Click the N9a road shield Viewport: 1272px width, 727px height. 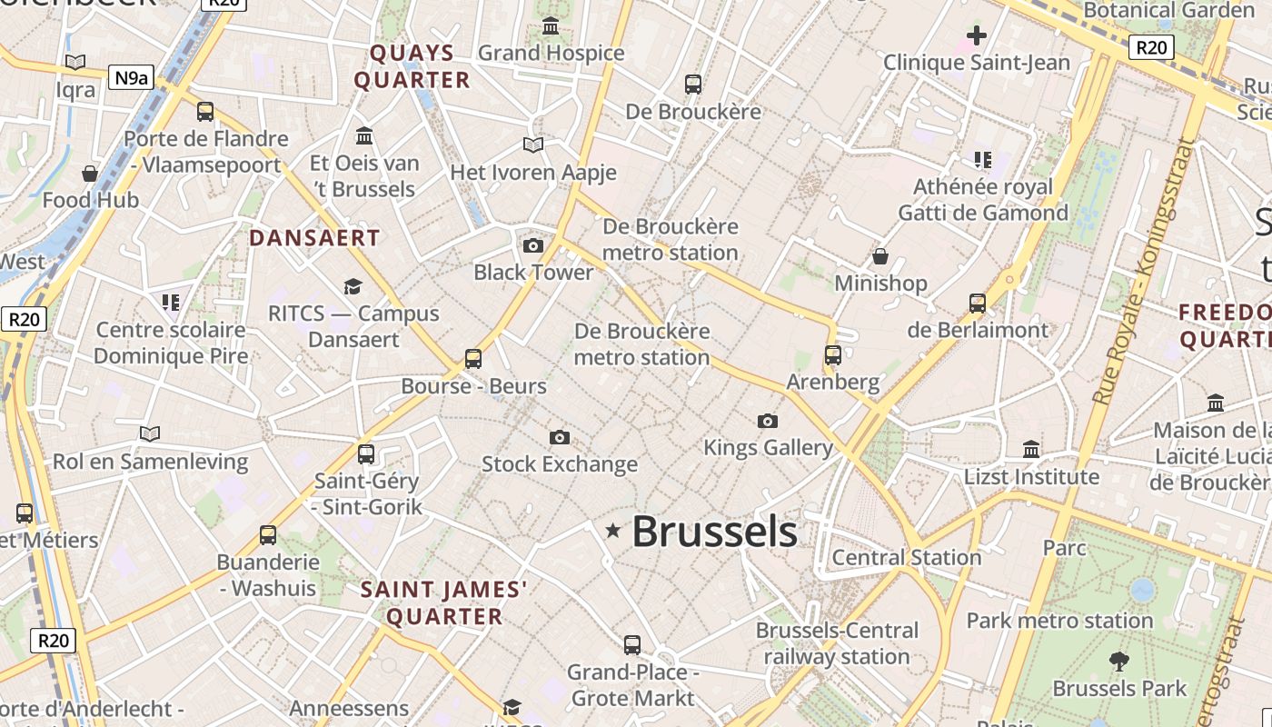click(131, 78)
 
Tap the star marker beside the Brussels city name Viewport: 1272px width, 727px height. click(613, 530)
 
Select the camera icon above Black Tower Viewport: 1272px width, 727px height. click(533, 245)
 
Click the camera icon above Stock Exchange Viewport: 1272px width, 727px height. click(560, 438)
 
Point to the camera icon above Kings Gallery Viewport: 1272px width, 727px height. click(768, 421)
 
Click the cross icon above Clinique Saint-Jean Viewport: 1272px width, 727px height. click(977, 36)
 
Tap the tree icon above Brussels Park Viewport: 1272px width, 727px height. click(1119, 661)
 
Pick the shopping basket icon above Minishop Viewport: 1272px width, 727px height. click(879, 256)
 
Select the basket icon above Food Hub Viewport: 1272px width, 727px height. click(90, 174)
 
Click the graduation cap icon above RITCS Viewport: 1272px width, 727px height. click(353, 287)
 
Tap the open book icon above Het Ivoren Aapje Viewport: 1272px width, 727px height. click(533, 145)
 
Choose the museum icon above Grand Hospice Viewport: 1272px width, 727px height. click(551, 26)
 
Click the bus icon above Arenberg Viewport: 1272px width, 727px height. click(833, 355)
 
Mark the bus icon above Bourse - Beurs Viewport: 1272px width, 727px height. click(473, 359)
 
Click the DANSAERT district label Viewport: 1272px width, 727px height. click(314, 238)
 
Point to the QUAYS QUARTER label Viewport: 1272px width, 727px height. click(412, 66)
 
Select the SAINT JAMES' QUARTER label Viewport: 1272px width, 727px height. click(444, 603)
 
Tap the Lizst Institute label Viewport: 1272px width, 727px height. click(1031, 476)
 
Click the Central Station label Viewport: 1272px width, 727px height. click(907, 556)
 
